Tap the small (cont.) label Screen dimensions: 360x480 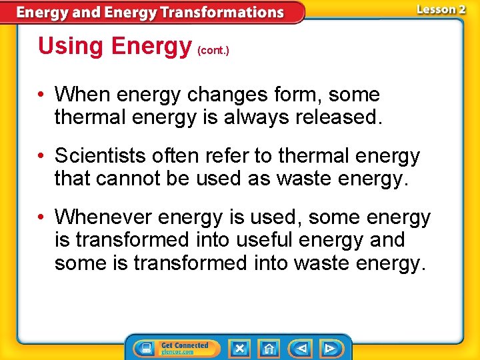[213, 51]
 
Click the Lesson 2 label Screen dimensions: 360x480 [441, 9]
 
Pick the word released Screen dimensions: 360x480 [339, 117]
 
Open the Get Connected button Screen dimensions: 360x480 [175, 348]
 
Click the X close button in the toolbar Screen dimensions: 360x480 [239, 348]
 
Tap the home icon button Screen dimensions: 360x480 [269, 348]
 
